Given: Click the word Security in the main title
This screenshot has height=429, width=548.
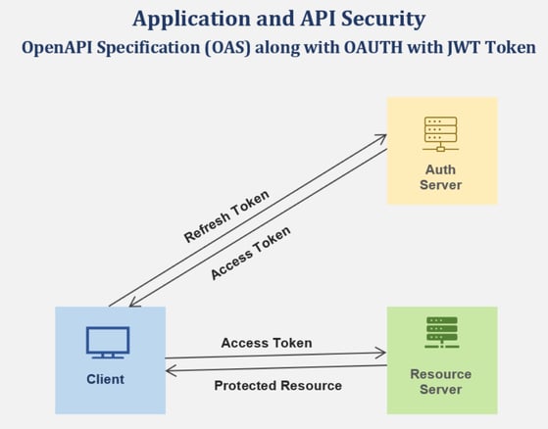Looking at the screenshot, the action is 383,20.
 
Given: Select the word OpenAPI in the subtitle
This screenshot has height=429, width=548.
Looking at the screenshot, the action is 57,48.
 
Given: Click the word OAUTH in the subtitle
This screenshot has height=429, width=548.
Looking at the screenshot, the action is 374,47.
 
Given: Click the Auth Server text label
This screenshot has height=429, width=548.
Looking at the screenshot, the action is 440,177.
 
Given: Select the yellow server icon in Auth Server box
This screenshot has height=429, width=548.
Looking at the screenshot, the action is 441,134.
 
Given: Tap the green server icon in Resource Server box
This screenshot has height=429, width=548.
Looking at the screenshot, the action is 442,332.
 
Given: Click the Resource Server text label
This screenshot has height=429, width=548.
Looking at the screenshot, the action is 441,382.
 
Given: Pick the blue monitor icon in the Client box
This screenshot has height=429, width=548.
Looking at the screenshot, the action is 108,343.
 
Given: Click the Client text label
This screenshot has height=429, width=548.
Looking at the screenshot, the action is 106,379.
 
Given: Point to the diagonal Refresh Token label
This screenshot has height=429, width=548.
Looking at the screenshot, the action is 226,216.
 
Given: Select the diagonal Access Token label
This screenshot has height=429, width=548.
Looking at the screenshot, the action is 250,253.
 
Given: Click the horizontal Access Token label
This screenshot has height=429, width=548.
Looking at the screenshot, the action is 267,343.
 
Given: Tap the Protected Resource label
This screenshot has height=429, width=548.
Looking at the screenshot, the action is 278,386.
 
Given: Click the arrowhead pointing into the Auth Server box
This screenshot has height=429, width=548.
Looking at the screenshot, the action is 381,138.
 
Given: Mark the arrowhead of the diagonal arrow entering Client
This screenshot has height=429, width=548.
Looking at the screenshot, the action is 133,304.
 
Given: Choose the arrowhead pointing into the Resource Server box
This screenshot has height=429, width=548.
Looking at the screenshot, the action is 381,353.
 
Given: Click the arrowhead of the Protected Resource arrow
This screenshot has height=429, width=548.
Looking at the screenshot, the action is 171,370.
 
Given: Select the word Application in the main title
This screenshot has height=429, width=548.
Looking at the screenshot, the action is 191,20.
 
